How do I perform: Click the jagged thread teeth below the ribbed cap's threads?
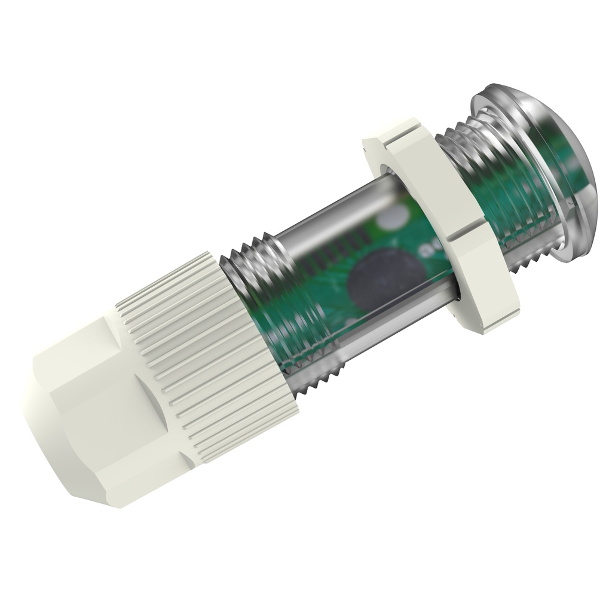pyautogui.click(x=317, y=382)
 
